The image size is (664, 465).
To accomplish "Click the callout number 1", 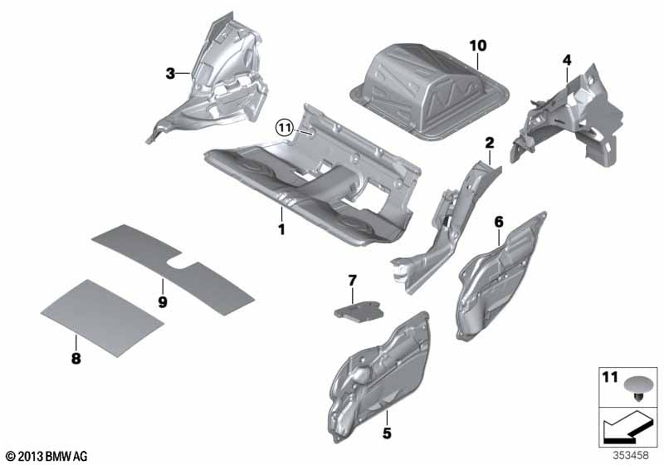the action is coord(281,229).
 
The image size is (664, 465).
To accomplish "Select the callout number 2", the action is coord(490,143).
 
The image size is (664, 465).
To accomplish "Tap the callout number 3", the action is coord(170,74).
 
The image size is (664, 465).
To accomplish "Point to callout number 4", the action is coord(567,60).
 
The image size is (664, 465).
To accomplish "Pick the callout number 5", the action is coord(387,433).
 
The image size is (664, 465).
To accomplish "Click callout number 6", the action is coord(499,222).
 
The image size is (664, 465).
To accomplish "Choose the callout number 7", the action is coord(352,281).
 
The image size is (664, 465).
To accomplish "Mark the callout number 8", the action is coord(76,359).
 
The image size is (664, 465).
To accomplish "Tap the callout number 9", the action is coord(163,302).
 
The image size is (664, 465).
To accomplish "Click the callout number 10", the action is coord(478,46).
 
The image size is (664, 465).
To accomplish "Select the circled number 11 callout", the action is coord(285,127).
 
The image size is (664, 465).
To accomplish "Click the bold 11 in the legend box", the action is coord(610,377).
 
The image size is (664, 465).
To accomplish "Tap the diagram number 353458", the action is coord(631,455).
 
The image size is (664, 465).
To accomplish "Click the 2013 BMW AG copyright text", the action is coord(47,457).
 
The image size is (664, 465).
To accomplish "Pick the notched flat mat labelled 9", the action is coord(173,269).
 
